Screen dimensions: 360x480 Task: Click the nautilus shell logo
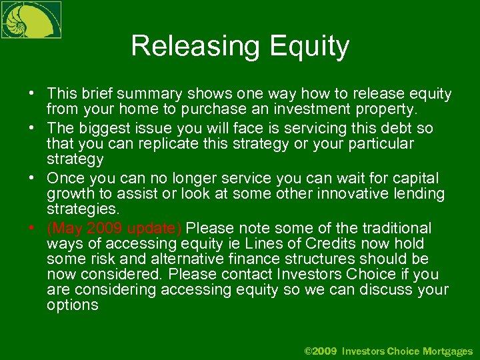(31, 19)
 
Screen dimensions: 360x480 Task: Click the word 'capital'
(415, 178)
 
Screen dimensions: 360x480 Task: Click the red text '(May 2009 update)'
(114, 228)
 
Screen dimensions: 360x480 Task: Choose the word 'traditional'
(394, 228)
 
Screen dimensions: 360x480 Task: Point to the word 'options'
(73, 305)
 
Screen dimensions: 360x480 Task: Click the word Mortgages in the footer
(447, 351)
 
